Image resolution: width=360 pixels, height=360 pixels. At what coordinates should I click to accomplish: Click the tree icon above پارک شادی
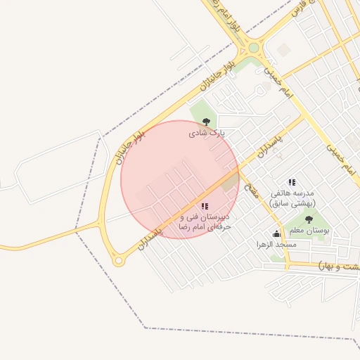tap(206, 122)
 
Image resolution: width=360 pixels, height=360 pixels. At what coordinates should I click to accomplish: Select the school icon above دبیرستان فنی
tap(205, 206)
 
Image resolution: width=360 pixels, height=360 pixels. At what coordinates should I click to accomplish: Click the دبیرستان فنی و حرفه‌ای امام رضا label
tap(204, 222)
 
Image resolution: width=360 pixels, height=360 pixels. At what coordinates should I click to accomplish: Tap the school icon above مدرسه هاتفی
tap(292, 183)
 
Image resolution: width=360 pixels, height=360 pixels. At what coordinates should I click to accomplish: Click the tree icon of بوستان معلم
tap(309, 219)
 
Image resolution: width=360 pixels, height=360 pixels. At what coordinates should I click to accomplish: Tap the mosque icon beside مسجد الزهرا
tap(276, 234)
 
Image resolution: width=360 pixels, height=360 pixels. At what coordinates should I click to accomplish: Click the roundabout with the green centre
tap(253, 49)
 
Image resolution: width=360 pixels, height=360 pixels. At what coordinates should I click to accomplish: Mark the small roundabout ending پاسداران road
tap(118, 261)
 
